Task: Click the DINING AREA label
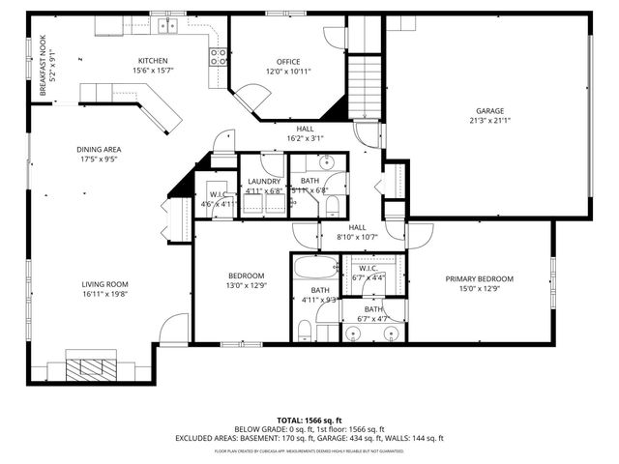pos(98,149)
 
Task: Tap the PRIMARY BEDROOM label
pos(479,278)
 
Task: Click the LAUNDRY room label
pos(263,181)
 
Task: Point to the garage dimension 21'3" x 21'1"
pos(488,120)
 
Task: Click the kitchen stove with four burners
pos(220,56)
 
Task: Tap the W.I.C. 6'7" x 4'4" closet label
pos(369,272)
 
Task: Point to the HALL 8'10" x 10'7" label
pos(356,232)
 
